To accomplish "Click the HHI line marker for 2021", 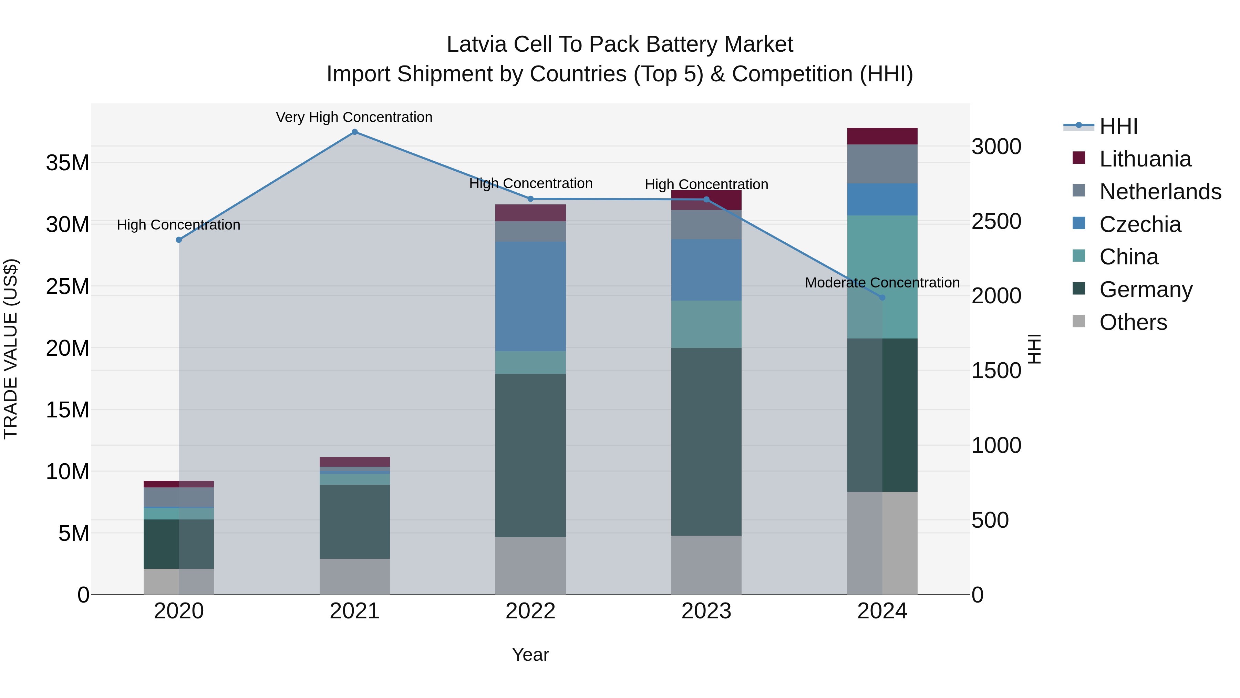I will coord(354,132).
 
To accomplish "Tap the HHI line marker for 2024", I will coord(882,298).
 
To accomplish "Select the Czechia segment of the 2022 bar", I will coord(530,296).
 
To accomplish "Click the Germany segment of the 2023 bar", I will coord(706,441).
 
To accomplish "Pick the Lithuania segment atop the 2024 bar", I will coord(882,136).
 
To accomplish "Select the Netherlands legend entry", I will coord(1160,192).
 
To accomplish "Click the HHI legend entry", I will coord(1118,126).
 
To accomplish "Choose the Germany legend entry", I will coord(1146,290).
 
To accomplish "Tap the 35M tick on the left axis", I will coord(68,163).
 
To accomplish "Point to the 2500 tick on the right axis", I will coord(996,222).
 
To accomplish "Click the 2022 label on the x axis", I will coord(530,611).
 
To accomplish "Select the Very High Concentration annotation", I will coord(354,117).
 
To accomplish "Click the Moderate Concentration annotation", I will coord(882,283).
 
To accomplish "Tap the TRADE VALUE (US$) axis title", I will coord(11,349).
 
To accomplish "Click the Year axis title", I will coord(530,655).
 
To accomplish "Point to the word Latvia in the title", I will coord(477,44).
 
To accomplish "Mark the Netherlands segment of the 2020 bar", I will coord(178,497).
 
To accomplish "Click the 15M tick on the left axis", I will coord(68,410).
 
